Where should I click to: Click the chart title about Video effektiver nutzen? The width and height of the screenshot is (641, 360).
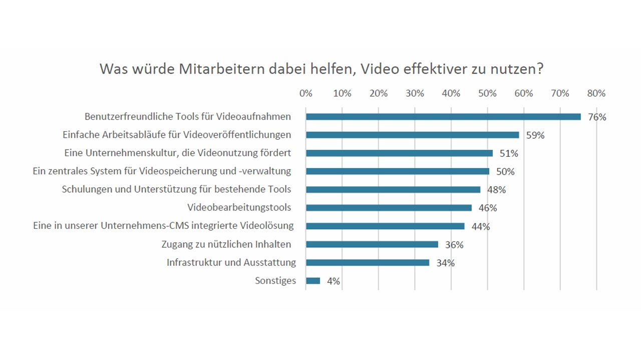pyautogui.click(x=321, y=69)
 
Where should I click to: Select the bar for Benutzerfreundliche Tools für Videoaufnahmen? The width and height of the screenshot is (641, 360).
pyautogui.click(x=443, y=117)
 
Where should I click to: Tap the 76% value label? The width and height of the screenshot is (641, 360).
pyautogui.click(x=597, y=117)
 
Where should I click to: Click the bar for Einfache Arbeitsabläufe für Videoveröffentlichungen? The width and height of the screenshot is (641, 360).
pyautogui.click(x=412, y=135)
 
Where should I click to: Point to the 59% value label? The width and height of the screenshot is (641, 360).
pyautogui.click(x=535, y=135)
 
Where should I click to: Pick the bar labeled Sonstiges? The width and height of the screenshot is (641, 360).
pyautogui.click(x=313, y=281)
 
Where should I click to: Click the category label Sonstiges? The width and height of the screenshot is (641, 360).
pyautogui.click(x=275, y=281)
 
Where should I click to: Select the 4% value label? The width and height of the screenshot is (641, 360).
pyautogui.click(x=334, y=281)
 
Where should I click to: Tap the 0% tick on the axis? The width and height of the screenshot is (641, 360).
pyautogui.click(x=305, y=94)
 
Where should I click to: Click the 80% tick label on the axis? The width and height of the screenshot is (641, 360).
pyautogui.click(x=596, y=94)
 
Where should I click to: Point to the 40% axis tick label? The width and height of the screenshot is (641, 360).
pyautogui.click(x=451, y=94)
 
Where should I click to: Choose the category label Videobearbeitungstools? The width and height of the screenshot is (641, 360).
pyautogui.click(x=239, y=207)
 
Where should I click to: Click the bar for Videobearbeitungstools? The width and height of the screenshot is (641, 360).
pyautogui.click(x=389, y=208)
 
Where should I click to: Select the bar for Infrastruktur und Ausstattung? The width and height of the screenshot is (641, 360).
pyautogui.click(x=368, y=262)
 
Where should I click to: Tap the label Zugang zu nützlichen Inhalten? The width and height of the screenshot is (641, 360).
pyautogui.click(x=226, y=244)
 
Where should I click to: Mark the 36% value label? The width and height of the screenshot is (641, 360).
pyautogui.click(x=454, y=245)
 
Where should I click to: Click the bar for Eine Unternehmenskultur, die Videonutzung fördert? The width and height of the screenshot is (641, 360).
pyautogui.click(x=399, y=153)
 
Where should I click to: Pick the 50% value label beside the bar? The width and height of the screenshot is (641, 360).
pyautogui.click(x=505, y=172)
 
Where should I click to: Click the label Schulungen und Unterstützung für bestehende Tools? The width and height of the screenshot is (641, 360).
pyautogui.click(x=176, y=189)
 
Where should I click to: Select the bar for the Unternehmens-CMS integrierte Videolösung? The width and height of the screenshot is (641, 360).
pyautogui.click(x=385, y=226)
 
